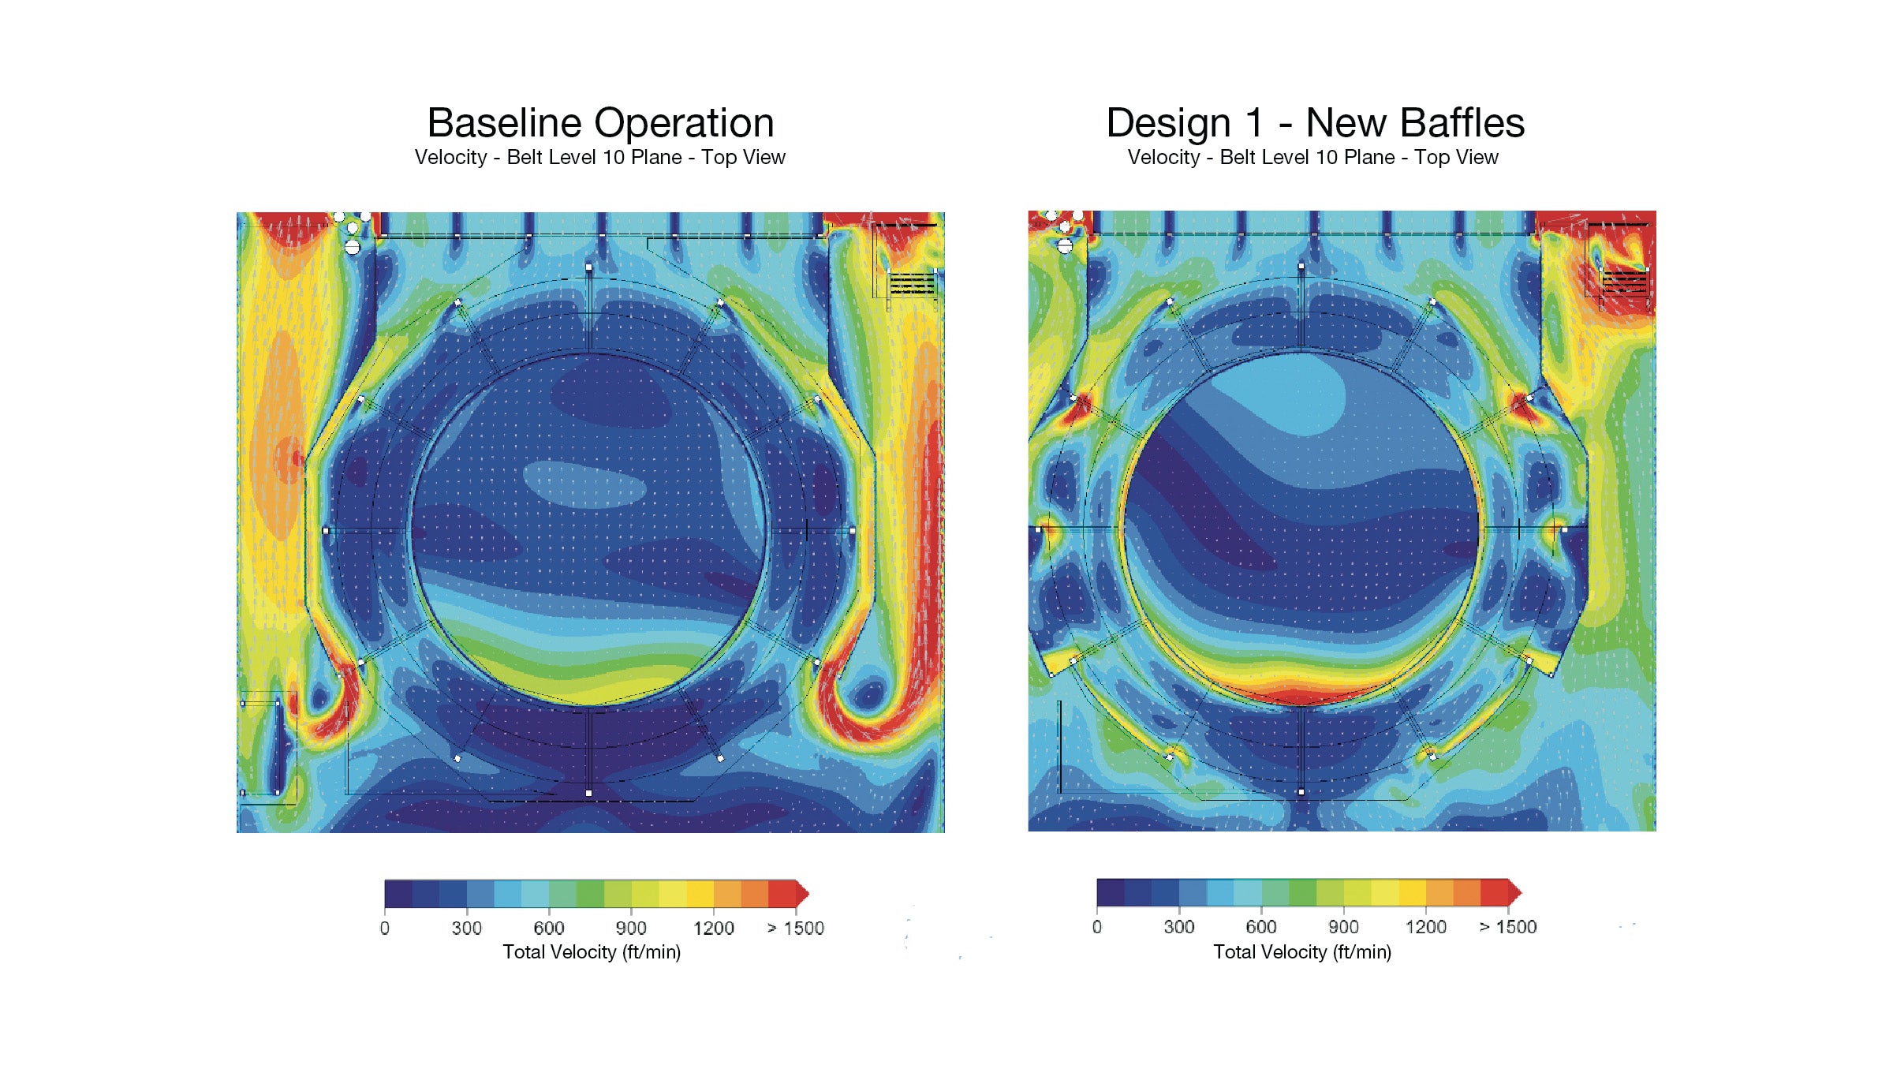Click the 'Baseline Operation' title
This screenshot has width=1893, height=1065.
(600, 123)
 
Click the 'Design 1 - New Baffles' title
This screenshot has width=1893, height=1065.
(1315, 123)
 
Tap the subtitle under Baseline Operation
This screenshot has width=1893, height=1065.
(599, 157)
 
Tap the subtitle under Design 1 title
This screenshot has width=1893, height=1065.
(1312, 157)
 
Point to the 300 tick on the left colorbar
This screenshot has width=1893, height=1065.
(466, 928)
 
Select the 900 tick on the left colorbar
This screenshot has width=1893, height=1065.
(631, 928)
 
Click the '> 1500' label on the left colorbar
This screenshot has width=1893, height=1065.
(795, 928)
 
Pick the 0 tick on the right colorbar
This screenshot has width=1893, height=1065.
(1097, 927)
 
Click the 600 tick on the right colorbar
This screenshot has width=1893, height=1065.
(1261, 927)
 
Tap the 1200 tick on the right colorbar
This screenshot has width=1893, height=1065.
(1425, 927)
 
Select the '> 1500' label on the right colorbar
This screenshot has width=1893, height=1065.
(1508, 927)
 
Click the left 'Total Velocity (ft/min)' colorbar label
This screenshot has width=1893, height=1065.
(592, 952)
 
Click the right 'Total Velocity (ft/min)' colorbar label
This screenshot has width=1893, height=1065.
(1302, 952)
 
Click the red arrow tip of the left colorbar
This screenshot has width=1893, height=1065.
(804, 894)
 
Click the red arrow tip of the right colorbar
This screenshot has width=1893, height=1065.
(1516, 892)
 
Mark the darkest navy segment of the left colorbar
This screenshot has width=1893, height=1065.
(398, 894)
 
